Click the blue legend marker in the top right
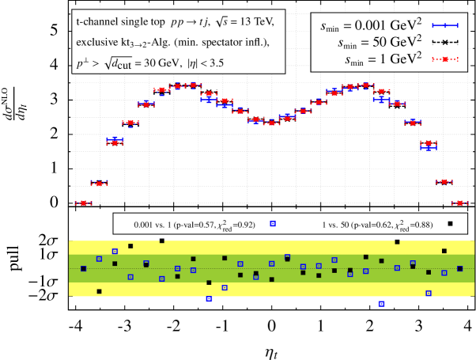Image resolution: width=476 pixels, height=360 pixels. click(444, 25)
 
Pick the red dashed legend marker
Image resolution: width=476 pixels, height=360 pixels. click(444, 59)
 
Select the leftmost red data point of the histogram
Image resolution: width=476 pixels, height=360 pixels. click(83, 203)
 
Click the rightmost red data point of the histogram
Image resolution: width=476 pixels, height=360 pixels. click(459, 203)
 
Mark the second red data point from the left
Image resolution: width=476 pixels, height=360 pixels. click(99, 184)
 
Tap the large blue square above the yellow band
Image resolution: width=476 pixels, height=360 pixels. click(273, 224)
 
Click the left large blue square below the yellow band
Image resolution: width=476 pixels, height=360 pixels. click(209, 299)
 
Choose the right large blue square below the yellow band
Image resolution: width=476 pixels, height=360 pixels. click(381, 303)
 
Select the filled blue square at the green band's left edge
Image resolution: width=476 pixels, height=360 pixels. click(83, 269)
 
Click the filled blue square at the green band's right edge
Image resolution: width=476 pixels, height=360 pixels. click(459, 269)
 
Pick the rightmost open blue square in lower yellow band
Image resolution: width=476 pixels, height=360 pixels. click(429, 294)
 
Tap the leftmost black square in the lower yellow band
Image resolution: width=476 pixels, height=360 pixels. click(99, 291)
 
